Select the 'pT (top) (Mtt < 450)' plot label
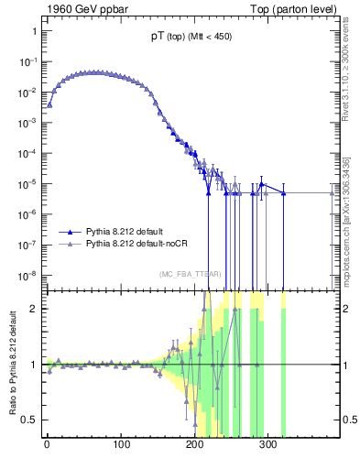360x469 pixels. [x=190, y=38]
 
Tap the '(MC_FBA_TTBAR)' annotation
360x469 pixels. [x=190, y=274]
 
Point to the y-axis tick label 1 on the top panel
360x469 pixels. [x=32, y=30]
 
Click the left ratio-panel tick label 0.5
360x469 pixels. [x=28, y=420]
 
